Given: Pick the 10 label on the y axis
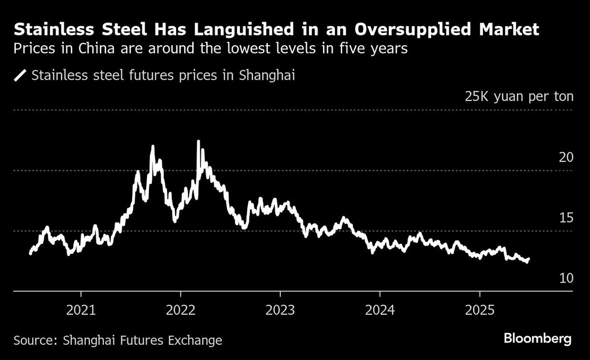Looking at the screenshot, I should coord(566,278).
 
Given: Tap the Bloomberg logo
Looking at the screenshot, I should coord(537,339).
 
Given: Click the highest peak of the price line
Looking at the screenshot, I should coord(198,142).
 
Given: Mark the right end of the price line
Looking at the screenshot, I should coord(529,259).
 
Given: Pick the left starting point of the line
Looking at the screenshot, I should coord(30,253).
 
